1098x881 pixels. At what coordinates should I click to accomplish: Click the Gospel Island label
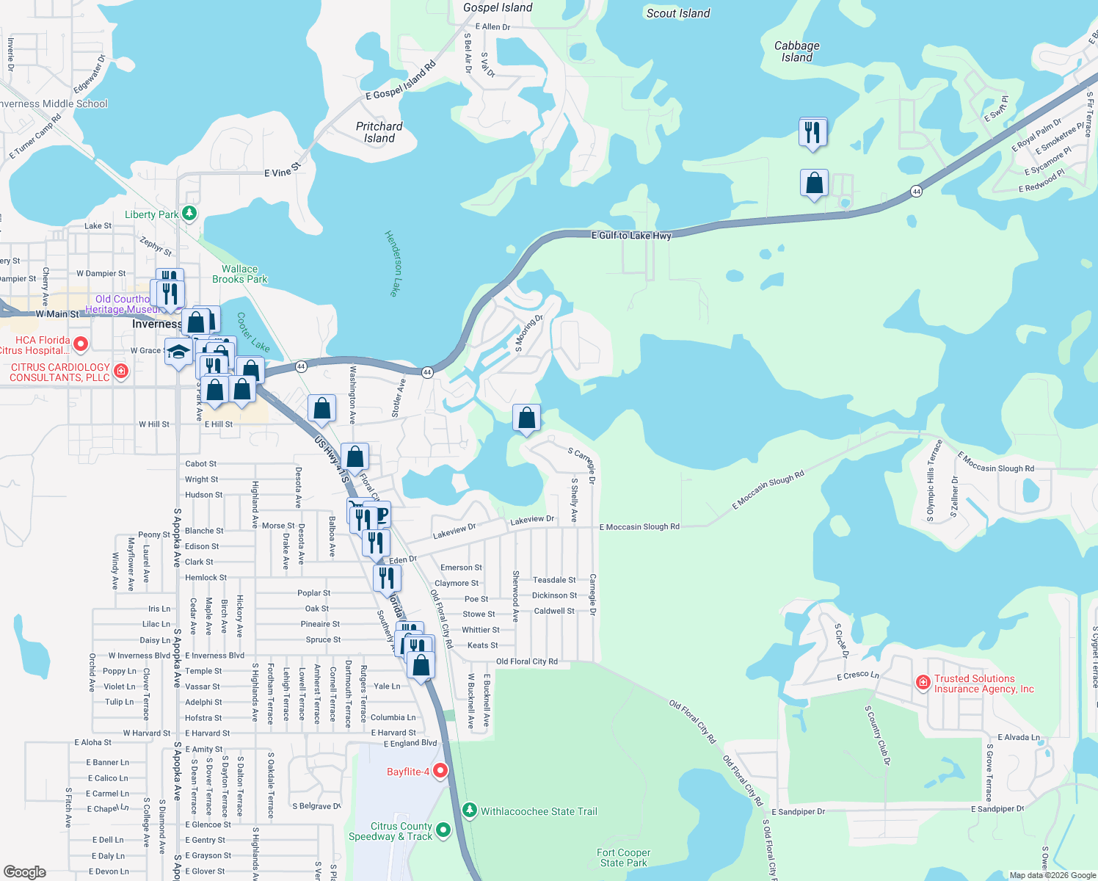coord(498,8)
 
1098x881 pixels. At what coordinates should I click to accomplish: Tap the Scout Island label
coord(678,13)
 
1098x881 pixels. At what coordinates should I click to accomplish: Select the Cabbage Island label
coord(796,51)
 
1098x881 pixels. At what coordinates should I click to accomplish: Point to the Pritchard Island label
coord(379,132)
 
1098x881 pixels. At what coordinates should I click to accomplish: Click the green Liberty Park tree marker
coord(189,214)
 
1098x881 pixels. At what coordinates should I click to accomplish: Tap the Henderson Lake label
coord(394,264)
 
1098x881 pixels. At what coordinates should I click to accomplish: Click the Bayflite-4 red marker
coord(440,771)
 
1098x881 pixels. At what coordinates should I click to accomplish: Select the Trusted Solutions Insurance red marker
coord(923,683)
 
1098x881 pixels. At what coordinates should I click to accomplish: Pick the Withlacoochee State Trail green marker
coord(470,811)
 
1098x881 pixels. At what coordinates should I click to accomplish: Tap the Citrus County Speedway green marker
coord(443,830)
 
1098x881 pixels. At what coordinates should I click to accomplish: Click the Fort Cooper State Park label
coord(624,858)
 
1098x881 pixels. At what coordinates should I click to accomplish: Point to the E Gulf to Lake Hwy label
coord(631,236)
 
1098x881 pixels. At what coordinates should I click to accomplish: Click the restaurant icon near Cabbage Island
coord(812,133)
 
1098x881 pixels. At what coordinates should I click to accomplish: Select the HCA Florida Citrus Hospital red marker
coord(81,344)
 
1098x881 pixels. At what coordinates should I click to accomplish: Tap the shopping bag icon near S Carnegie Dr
coord(526,418)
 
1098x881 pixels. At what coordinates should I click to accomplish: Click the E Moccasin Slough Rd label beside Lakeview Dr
coord(639,527)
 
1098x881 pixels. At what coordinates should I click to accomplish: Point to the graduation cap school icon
coord(178,352)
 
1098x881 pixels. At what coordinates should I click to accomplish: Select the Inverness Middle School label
coord(54,104)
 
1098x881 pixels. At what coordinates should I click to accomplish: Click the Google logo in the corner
coord(25,871)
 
